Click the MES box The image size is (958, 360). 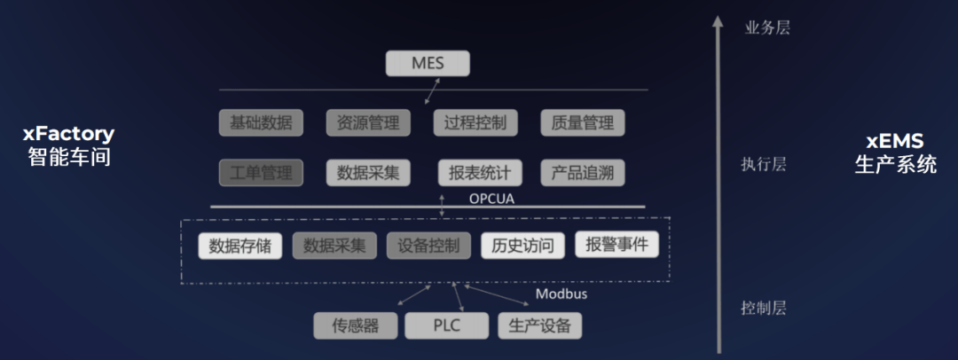pos(428,64)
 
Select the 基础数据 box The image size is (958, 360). pos(261,122)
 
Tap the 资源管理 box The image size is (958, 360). pos(368,122)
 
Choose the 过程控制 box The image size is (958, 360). pos(475,122)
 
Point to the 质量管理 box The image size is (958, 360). pos(582,122)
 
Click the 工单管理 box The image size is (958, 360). pos(261,173)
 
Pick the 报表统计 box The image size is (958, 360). pos(480,173)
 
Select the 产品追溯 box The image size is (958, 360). pos(582,173)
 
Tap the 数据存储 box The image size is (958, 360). pos(240,246)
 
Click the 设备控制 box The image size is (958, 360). pos(428,246)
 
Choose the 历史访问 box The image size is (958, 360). pos(523,246)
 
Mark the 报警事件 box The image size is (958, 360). pos(617,245)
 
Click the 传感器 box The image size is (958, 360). pos(356,325)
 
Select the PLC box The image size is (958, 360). pos(446,325)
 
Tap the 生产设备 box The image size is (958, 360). pos(540,325)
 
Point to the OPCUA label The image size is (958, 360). pos(491,199)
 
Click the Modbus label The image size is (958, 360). pos(561,294)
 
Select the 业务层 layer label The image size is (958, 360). pos(767,27)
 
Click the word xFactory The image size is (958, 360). pos(68,135)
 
